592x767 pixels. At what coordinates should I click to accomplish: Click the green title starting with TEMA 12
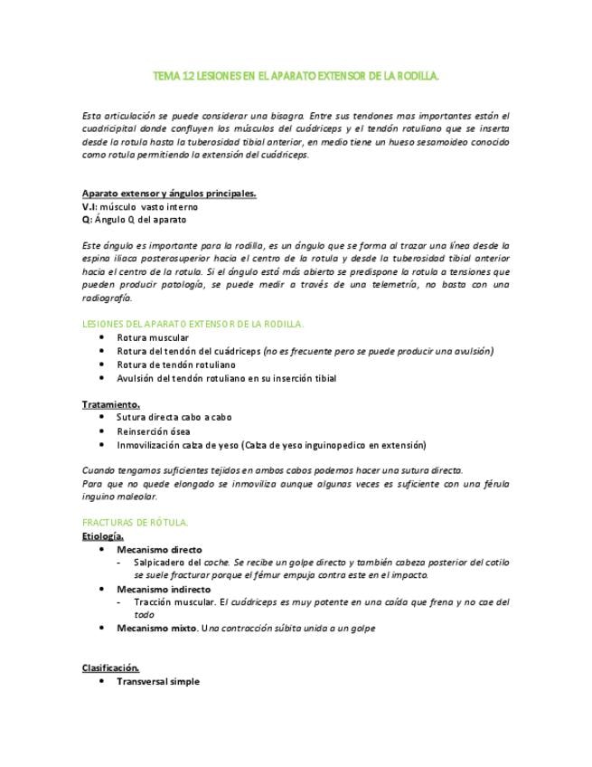(296, 78)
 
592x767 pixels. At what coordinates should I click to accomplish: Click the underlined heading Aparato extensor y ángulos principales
(169, 193)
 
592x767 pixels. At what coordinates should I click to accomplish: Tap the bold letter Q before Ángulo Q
(86, 219)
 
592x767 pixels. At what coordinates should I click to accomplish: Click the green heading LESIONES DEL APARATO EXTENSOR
(193, 323)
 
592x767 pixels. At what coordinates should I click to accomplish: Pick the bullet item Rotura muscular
(152, 337)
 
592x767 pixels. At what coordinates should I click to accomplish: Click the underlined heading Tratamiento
(110, 404)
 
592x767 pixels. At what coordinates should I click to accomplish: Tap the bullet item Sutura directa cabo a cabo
(174, 418)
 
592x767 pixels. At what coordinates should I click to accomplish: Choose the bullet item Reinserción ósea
(153, 431)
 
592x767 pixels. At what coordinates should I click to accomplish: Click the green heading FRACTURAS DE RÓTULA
(135, 523)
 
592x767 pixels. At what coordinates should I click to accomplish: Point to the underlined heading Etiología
(103, 536)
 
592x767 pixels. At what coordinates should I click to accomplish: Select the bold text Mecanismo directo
(159, 549)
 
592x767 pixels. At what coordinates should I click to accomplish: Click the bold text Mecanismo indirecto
(163, 589)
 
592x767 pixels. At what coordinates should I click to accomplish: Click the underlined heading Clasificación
(110, 668)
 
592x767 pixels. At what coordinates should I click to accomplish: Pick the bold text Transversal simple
(157, 681)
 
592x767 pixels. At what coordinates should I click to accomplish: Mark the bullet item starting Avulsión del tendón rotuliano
(226, 378)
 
